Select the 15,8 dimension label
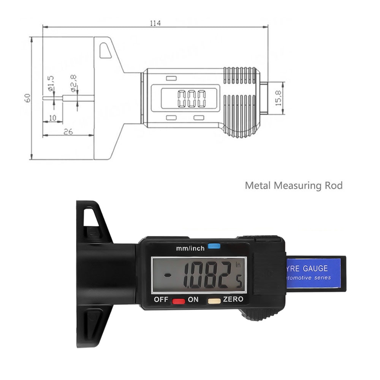point(279,98)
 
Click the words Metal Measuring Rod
point(293,186)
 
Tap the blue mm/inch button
point(214,246)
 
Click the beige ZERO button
point(214,301)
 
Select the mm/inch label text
point(190,249)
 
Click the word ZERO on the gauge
point(233,299)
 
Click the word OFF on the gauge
point(161,299)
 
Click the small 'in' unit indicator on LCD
point(238,265)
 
